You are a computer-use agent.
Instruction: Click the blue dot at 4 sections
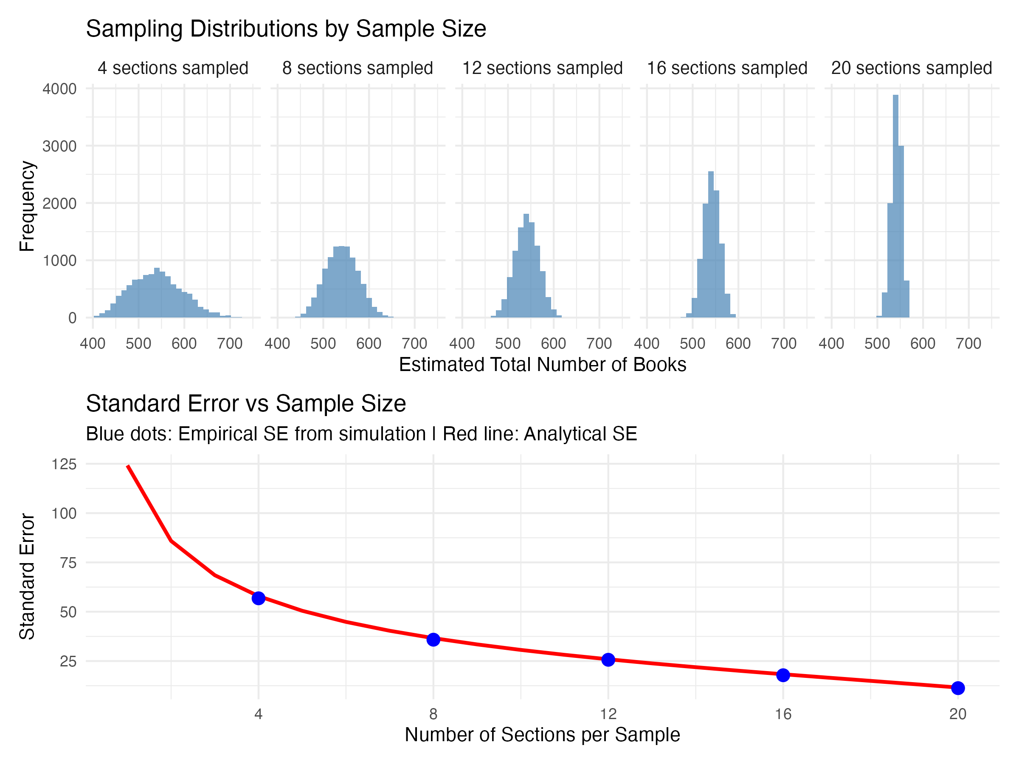click(259, 598)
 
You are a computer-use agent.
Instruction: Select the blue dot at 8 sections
click(433, 640)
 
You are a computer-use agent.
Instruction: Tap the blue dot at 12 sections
click(608, 660)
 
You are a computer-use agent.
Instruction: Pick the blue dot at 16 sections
click(783, 675)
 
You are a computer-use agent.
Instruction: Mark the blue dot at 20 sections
click(958, 688)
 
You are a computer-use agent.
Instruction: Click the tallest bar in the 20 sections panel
click(895, 206)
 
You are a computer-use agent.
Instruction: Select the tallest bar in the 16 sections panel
click(711, 244)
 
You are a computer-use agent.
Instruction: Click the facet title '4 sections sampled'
click(173, 68)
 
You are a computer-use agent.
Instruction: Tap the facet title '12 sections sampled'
click(542, 68)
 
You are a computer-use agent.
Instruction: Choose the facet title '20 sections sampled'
click(911, 68)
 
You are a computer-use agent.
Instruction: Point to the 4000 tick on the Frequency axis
click(59, 88)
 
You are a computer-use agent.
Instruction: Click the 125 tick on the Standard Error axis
click(64, 464)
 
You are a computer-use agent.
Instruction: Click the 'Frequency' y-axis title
click(27, 206)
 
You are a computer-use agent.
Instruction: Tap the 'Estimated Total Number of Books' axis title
click(542, 365)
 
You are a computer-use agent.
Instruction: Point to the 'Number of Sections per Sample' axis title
click(542, 735)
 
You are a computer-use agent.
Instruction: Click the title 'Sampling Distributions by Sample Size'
click(286, 28)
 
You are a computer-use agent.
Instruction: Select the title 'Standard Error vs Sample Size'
click(245, 403)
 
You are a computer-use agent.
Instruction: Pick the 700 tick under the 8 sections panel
click(414, 343)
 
